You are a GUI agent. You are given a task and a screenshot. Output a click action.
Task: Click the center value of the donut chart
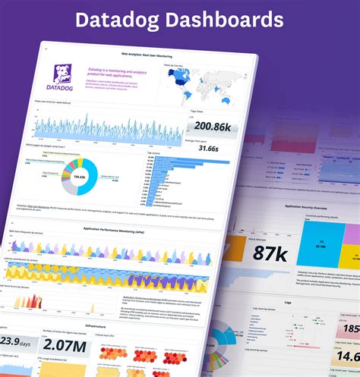[x=77, y=177]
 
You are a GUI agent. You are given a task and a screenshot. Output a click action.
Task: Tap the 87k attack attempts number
[x=270, y=253]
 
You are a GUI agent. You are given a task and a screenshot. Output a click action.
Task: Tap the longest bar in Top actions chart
[x=171, y=161]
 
